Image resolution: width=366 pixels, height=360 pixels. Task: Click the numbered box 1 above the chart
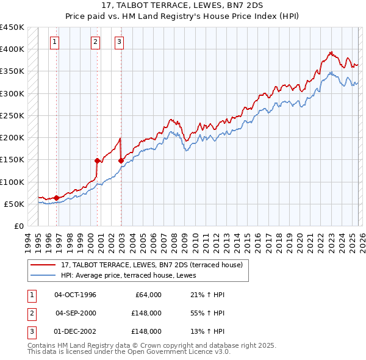[x=55, y=42]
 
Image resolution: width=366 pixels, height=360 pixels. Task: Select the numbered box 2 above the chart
[x=96, y=42]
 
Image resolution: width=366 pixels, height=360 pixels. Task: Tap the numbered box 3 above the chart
[x=119, y=42]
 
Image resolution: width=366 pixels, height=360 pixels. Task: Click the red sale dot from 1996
[x=57, y=198]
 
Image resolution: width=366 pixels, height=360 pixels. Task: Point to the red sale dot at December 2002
[x=121, y=160]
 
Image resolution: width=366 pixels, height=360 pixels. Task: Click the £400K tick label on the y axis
[x=12, y=49]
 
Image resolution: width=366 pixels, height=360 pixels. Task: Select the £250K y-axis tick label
[x=12, y=115]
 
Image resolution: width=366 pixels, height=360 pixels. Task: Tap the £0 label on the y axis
[x=18, y=226]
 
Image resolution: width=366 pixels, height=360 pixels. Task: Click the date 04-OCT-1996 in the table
[x=76, y=295]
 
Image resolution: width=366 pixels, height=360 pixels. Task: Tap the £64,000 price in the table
[x=146, y=295]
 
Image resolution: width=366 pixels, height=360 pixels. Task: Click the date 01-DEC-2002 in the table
[x=76, y=331]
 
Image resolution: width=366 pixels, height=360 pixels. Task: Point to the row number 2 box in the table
[x=31, y=313]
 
